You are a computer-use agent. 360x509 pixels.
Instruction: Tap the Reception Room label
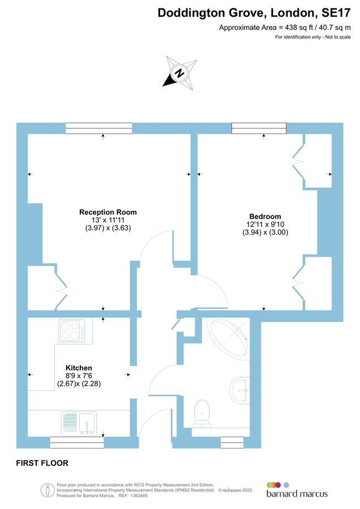point(108,212)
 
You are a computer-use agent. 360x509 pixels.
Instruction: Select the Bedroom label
point(265,216)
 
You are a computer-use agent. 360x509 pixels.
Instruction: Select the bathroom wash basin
point(241,389)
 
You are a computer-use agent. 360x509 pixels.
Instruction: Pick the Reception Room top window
point(98,128)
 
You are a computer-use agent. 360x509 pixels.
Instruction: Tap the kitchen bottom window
point(77,442)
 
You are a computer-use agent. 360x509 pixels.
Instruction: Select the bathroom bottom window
point(232,442)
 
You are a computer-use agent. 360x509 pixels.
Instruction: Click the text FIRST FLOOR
point(42,463)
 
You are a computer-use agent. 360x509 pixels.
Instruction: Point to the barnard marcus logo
point(297,490)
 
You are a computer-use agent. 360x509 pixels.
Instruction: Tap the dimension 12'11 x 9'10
point(265,224)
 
